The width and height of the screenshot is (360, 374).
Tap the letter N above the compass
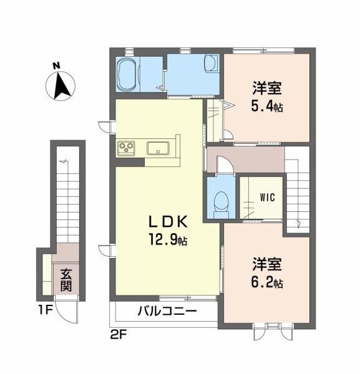coord(56,65)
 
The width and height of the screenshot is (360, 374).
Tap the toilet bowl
coord(218,201)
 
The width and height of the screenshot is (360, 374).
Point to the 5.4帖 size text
coord(267,107)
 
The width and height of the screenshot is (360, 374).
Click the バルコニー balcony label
coord(167,311)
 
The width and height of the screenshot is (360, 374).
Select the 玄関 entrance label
coord(66,279)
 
